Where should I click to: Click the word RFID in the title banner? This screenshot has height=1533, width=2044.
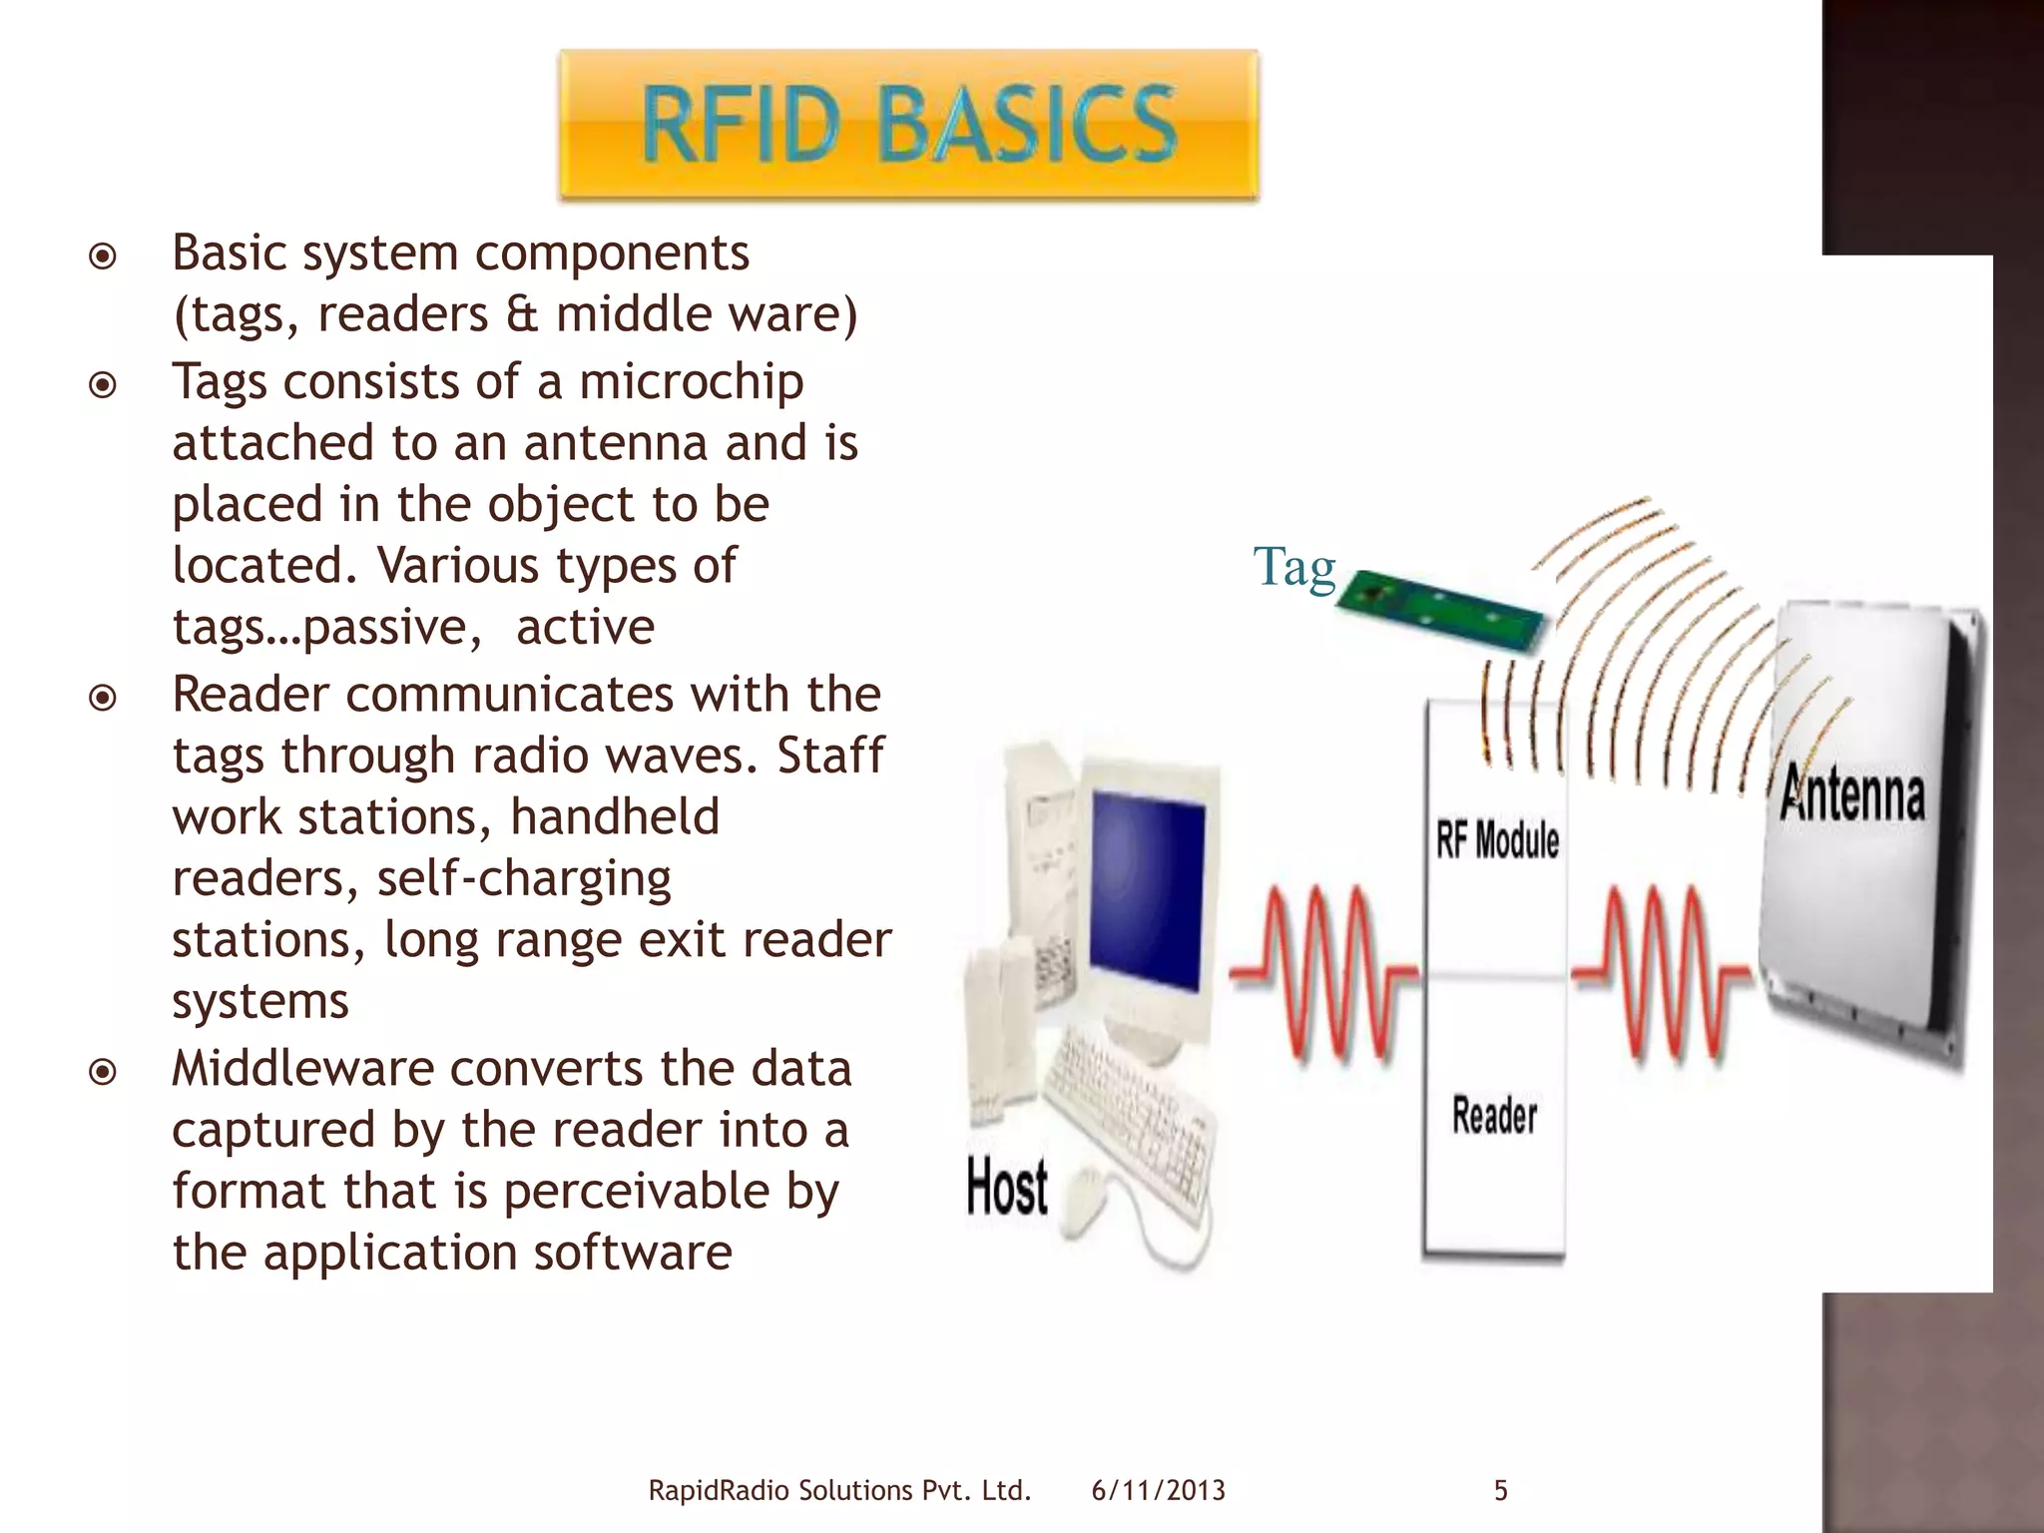click(741, 124)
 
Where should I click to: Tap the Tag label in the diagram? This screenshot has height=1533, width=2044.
click(1293, 567)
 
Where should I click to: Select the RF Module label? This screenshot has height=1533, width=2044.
click(1497, 839)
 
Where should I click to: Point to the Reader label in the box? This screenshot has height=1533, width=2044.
click(1494, 1115)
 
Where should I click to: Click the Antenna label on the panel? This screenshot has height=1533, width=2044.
click(1852, 794)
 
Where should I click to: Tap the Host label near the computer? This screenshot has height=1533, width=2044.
click(1007, 1188)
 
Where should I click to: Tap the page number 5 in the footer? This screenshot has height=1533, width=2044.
click(1500, 1491)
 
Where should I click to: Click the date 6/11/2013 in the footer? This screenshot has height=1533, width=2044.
click(1158, 1491)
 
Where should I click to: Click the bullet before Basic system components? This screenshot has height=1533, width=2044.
click(103, 257)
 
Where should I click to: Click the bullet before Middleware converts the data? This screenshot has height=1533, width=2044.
click(103, 1073)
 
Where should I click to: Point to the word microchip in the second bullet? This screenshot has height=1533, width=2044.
click(691, 382)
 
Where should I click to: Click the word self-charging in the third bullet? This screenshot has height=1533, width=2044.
click(523, 879)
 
